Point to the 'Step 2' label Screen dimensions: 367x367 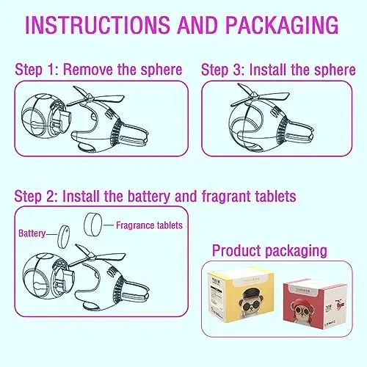pos(37,196)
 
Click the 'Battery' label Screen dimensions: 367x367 pos(32,233)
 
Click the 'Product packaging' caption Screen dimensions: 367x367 pos(269,251)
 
